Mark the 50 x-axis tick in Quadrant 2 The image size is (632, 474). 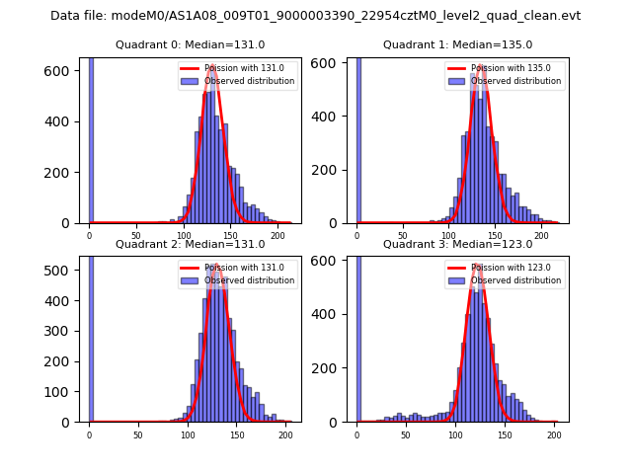(x=137, y=434)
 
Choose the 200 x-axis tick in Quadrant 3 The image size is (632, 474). (x=554, y=434)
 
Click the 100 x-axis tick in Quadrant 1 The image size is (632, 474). (x=448, y=236)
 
